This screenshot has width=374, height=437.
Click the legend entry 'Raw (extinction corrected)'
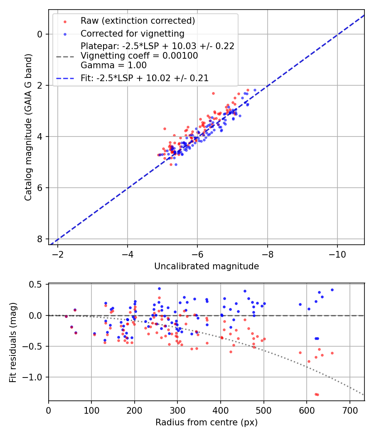[x=138, y=21]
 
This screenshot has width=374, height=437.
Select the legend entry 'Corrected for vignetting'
[x=132, y=33]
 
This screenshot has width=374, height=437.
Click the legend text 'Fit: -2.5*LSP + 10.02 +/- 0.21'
[x=145, y=78]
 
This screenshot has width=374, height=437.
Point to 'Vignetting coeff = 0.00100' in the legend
[x=139, y=56]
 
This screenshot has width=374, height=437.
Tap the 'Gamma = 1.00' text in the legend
[x=113, y=65]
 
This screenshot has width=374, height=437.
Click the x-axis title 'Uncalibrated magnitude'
[x=207, y=266]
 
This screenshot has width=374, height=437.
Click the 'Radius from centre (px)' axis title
[x=207, y=422]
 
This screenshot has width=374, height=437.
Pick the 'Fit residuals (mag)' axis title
[x=13, y=343]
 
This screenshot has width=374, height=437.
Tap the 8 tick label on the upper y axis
[x=40, y=239]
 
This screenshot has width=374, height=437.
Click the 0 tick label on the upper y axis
[x=40, y=34]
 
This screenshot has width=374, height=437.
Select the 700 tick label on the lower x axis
[x=349, y=410]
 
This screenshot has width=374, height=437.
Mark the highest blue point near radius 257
[x=159, y=288]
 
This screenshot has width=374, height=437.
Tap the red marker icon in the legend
[x=65, y=21]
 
